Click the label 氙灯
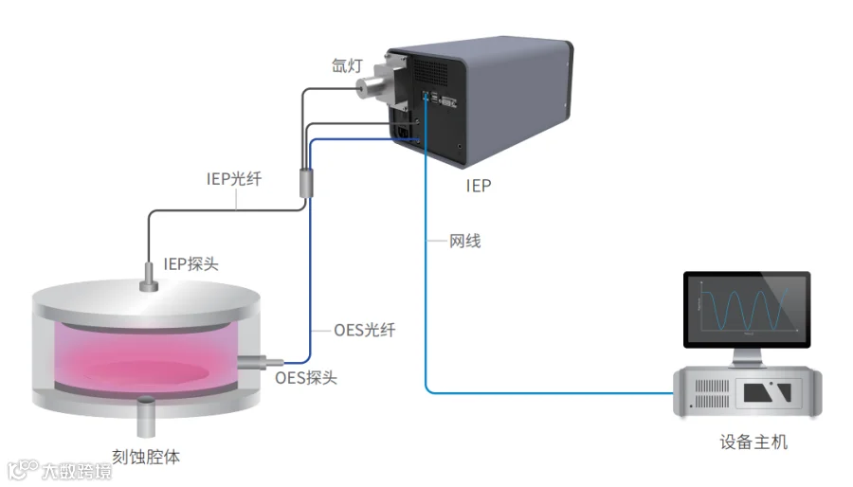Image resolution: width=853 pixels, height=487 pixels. coord(347,65)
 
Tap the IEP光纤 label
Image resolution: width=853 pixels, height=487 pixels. coord(234,178)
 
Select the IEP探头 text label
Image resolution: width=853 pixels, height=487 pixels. coord(191,264)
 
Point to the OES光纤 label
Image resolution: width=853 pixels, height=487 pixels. coord(365,330)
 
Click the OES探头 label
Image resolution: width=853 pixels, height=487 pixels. coord(306,378)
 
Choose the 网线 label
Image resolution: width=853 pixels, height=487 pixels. coord(464,241)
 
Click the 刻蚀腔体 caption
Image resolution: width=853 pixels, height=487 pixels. coord(146,457)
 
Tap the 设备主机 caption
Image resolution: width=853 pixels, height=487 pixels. coord(753,442)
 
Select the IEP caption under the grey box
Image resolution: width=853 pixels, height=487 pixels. coord(479,186)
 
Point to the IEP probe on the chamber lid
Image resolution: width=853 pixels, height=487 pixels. coord(149,278)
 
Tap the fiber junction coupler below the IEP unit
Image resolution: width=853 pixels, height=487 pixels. coord(306,183)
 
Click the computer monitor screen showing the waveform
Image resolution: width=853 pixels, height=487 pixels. coord(747,308)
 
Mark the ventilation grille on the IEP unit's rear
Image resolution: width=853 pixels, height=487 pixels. coord(431,71)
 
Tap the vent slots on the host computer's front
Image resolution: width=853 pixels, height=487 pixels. coord(712,393)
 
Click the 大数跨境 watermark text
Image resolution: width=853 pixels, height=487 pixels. coord(76,470)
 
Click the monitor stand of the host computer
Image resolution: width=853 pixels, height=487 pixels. coord(747,357)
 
